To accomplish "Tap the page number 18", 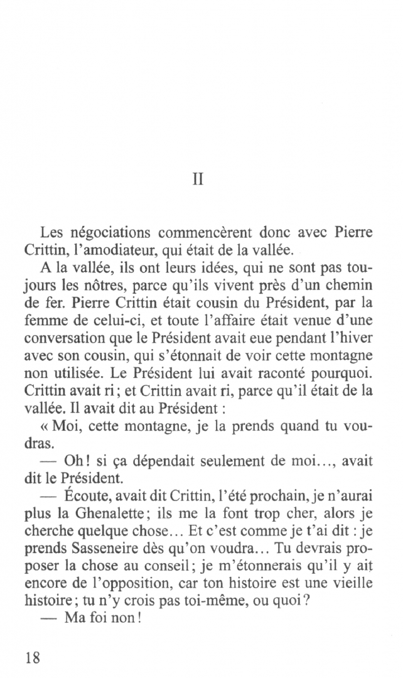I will pos(33,657).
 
